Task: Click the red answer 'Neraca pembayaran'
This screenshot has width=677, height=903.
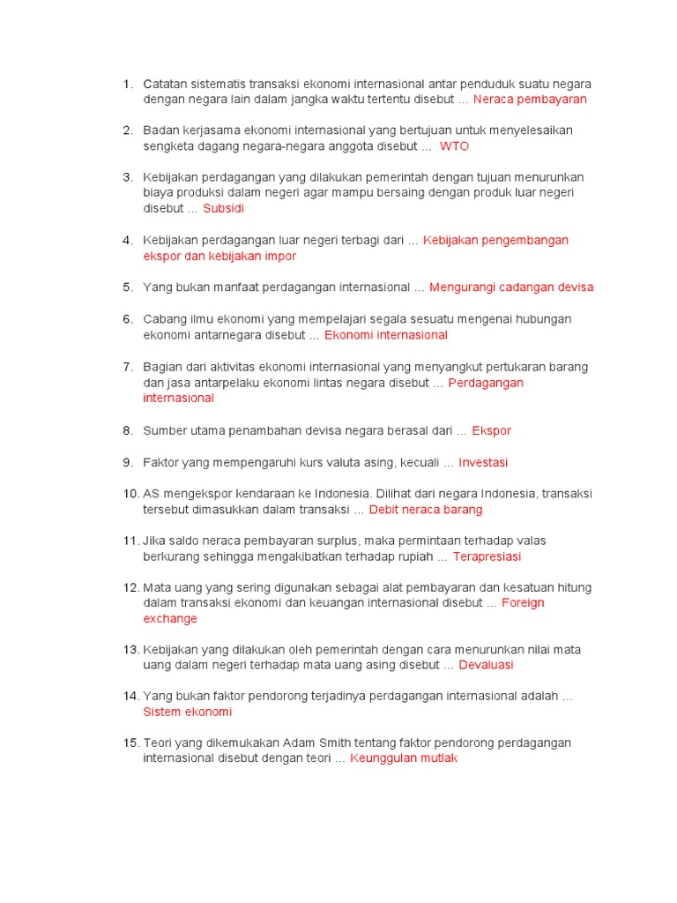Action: (x=530, y=100)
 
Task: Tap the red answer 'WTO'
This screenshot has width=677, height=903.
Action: (x=454, y=146)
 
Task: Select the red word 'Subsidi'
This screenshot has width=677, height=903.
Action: (x=223, y=209)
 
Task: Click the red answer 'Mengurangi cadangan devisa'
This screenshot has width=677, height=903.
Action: (x=511, y=287)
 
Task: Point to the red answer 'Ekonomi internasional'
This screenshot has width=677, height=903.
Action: (x=386, y=335)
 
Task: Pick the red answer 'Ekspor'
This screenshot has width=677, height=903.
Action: (x=491, y=431)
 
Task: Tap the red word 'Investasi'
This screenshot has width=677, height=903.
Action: (x=483, y=463)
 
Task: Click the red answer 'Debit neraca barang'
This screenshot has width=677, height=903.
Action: (x=426, y=510)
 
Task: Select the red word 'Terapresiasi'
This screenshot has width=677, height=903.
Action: (x=487, y=556)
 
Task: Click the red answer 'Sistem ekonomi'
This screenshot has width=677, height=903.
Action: (x=187, y=712)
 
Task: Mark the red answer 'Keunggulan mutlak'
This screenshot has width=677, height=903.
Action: (x=404, y=758)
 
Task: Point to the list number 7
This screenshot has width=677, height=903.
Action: (x=128, y=367)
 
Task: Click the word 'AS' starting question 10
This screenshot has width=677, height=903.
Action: (x=151, y=494)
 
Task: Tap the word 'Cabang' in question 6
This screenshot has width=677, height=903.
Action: (x=164, y=319)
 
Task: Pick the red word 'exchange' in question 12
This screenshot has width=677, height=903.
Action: (x=170, y=619)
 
